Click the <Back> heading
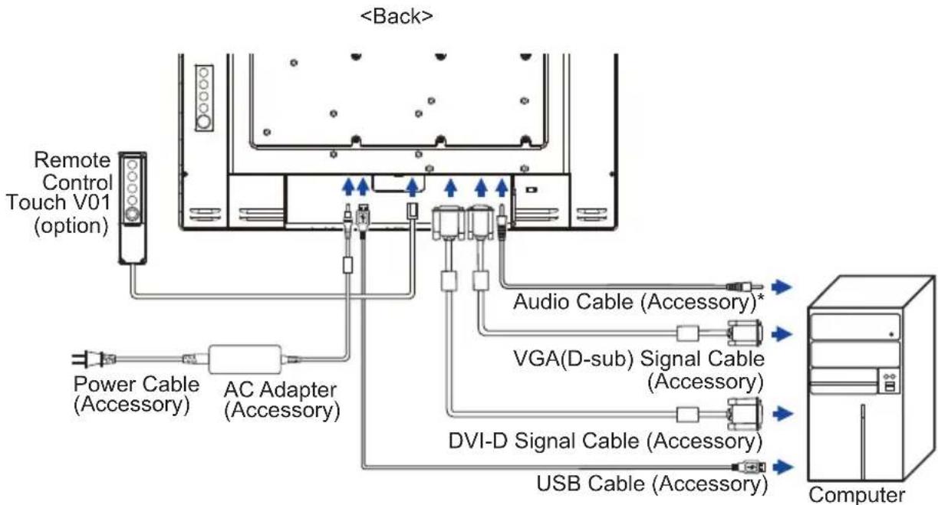click(396, 17)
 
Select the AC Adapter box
click(245, 359)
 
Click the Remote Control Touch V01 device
click(133, 208)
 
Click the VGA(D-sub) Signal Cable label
click(639, 370)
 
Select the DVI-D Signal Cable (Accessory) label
click(605, 441)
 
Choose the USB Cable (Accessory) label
click(652, 484)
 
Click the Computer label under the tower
click(857, 495)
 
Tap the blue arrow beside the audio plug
click(782, 287)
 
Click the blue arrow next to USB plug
click(782, 467)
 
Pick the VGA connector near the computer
click(745, 333)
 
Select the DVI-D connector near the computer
click(745, 414)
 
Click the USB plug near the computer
click(749, 467)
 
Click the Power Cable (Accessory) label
click(136, 394)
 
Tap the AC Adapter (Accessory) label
click(281, 400)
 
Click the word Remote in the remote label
click(72, 160)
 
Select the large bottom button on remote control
click(133, 215)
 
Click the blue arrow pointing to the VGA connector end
click(782, 334)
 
